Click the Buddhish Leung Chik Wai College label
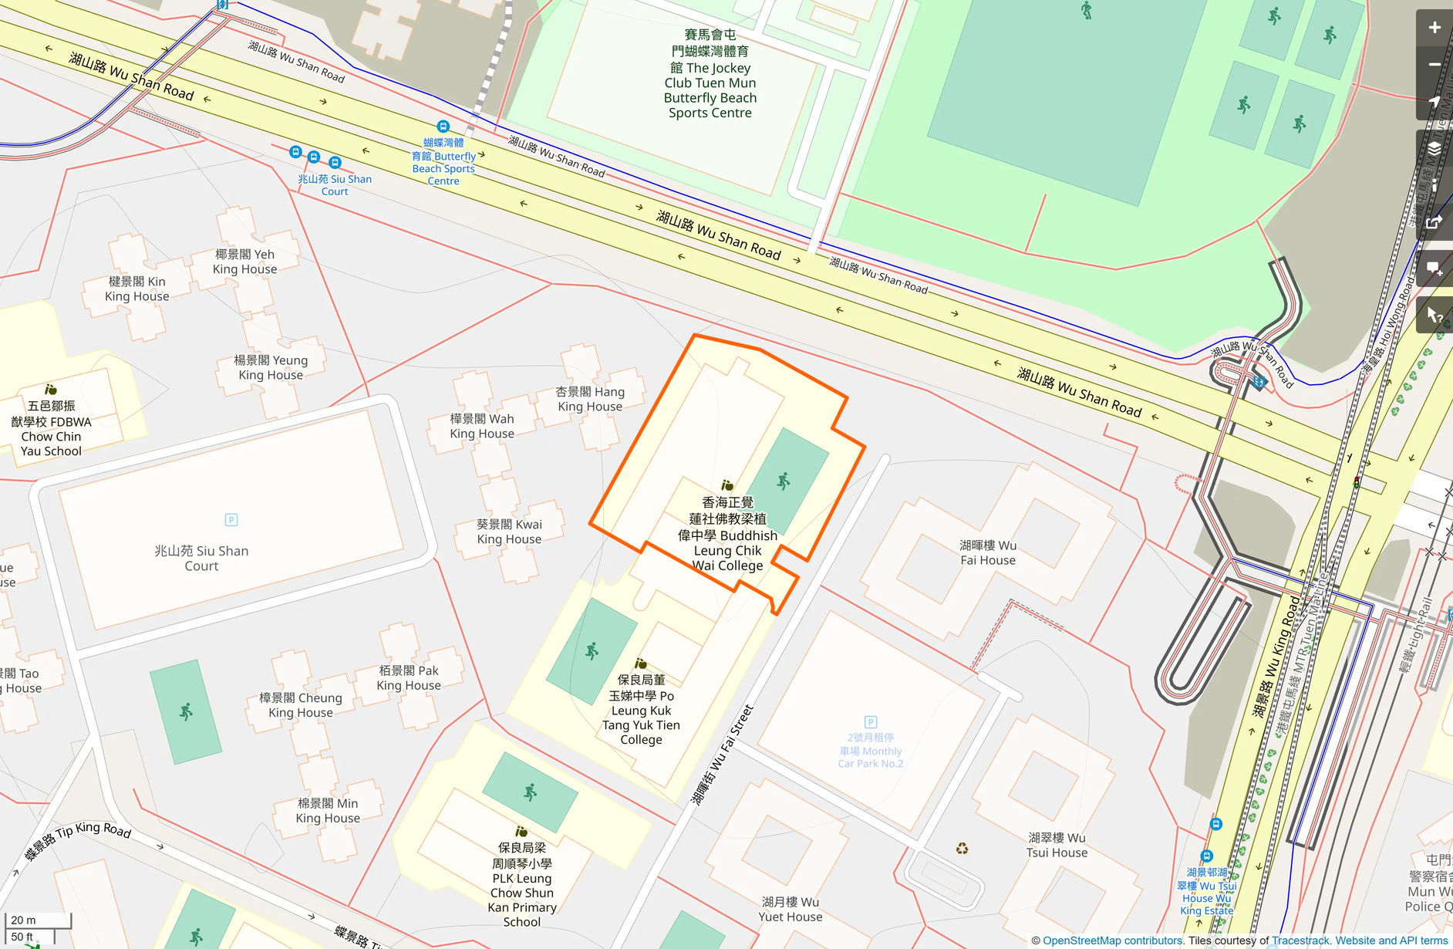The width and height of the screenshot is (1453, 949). point(727,534)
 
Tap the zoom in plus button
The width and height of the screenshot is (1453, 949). point(1434,28)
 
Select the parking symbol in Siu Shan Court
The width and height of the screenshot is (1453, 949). point(231,520)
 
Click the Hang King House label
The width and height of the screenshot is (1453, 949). point(590,399)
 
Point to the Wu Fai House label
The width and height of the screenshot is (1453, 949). point(987,552)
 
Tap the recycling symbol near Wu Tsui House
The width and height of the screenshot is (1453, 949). point(962,849)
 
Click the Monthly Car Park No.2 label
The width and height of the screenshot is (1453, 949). point(870,750)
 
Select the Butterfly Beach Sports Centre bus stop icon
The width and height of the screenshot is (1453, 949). point(443,127)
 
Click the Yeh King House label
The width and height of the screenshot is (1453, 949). point(244,262)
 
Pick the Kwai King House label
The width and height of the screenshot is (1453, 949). point(509,532)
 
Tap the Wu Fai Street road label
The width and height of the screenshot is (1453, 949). point(721,755)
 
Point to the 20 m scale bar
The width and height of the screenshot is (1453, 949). point(38,920)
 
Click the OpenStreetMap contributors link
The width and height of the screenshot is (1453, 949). point(1111,941)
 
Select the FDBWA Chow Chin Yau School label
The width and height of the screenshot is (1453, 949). point(51,428)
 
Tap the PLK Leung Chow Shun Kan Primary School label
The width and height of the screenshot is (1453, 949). point(522,884)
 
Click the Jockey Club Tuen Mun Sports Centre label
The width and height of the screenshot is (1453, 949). point(710,74)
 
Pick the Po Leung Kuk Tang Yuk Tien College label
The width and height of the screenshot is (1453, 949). point(641,710)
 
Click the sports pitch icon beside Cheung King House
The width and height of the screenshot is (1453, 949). point(186,711)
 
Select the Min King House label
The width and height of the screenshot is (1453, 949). point(328,811)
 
